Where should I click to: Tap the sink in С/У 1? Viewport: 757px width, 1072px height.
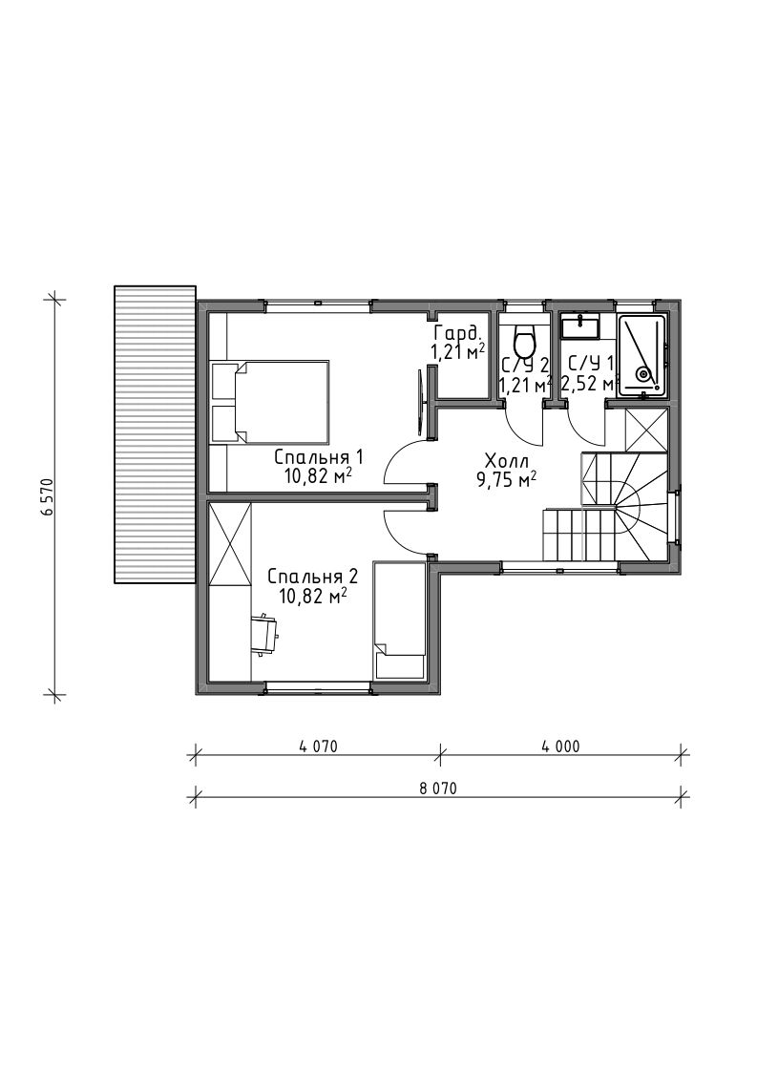580,326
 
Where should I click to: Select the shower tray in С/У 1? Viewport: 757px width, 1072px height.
641,355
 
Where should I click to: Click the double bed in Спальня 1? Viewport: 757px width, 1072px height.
271,402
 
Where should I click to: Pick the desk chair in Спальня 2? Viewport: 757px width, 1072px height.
263,633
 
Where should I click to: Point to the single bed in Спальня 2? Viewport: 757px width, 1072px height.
399,620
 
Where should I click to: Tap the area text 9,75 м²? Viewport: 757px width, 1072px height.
506,479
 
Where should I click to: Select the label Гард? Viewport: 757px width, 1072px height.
458,334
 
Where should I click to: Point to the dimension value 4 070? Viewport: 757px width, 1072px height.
318,746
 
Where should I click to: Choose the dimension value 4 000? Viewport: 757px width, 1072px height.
560,746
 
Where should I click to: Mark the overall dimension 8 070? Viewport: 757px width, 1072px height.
437,788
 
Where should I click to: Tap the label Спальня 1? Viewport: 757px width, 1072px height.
318,456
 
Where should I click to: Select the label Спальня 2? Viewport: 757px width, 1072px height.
312,575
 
